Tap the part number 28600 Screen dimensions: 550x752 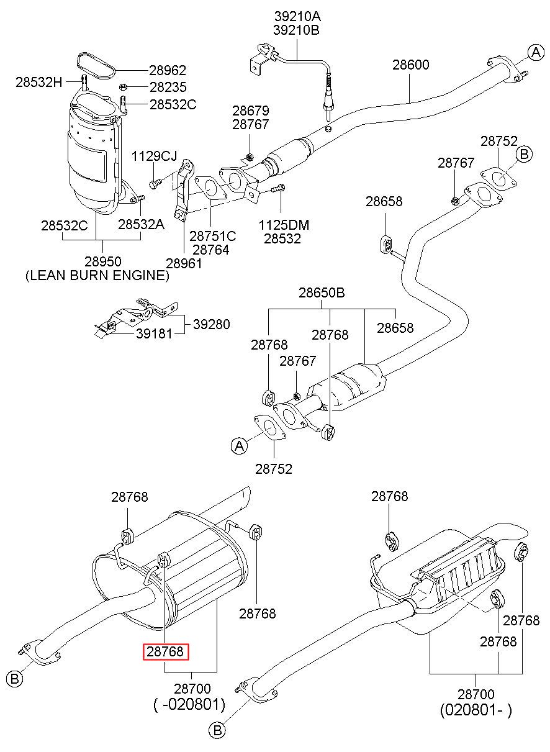click(x=411, y=65)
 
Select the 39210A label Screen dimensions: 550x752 click(x=297, y=16)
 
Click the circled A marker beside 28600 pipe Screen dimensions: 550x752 click(x=536, y=52)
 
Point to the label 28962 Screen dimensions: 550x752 click(x=168, y=70)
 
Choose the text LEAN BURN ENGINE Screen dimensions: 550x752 click(x=97, y=275)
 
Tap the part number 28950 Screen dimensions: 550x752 click(x=102, y=261)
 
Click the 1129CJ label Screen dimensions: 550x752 click(x=154, y=156)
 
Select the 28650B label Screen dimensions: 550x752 click(x=322, y=292)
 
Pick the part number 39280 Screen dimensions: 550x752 click(x=212, y=324)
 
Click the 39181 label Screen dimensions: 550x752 click(x=154, y=333)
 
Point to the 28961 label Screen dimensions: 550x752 click(x=184, y=263)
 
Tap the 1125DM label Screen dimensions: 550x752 click(x=284, y=225)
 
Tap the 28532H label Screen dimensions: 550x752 click(x=39, y=82)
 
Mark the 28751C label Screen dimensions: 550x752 click(x=213, y=237)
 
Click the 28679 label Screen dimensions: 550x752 click(x=251, y=111)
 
